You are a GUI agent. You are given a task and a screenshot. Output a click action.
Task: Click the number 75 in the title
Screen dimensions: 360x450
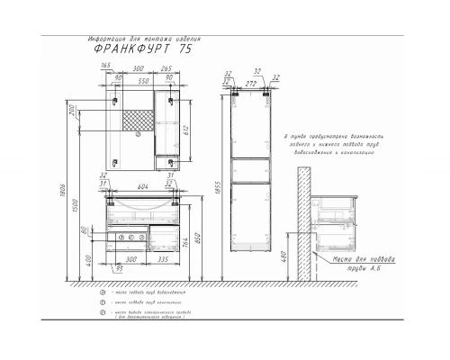185,50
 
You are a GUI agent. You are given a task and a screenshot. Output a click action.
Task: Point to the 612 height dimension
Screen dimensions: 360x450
186,128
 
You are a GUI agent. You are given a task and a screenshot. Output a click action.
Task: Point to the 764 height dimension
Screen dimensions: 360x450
186,244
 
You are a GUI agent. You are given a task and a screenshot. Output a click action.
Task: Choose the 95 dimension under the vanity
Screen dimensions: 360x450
119,266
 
